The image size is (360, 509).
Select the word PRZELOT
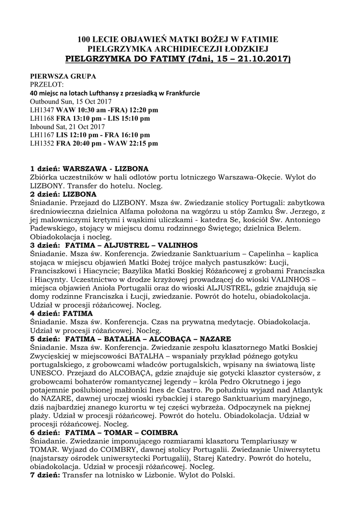[x=47, y=85]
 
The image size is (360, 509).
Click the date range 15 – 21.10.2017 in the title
[x=248, y=59]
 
